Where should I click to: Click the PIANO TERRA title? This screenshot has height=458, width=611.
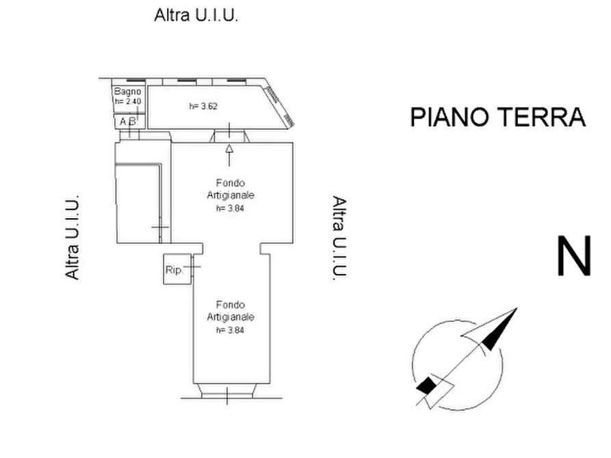tap(498, 117)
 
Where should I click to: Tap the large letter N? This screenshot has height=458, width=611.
tap(574, 256)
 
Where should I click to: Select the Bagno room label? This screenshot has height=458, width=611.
tap(127, 92)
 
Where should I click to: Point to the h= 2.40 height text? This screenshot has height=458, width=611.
tap(128, 101)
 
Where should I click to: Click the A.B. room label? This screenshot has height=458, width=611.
tap(129, 122)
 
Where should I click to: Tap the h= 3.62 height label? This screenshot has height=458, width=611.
tap(203, 106)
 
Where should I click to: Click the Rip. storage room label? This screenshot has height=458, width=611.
tap(174, 269)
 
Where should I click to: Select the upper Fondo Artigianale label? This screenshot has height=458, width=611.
tap(231, 189)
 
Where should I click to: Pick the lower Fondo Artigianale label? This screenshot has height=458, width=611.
tap(231, 311)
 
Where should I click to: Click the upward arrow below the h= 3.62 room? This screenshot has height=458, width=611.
tap(229, 155)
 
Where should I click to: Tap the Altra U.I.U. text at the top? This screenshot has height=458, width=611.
tap(196, 15)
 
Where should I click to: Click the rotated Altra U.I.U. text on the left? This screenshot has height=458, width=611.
tap(72, 237)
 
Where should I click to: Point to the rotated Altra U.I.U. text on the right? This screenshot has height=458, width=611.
tap(339, 238)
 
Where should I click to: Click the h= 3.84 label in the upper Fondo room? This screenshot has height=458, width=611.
tap(230, 208)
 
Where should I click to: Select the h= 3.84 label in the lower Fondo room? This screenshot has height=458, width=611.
tap(230, 330)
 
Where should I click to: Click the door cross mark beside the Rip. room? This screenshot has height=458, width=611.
tap(192, 267)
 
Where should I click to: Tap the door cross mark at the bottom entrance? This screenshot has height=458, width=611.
tap(228, 395)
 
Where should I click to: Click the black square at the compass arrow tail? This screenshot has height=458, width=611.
tap(426, 385)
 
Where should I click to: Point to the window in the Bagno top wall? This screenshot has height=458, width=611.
tap(129, 80)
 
